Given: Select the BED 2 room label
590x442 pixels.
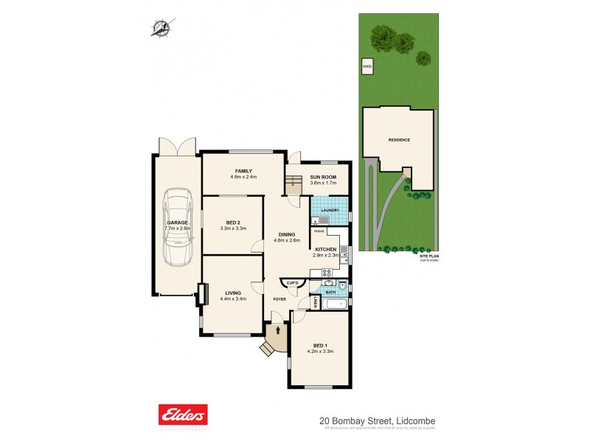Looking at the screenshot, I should click(x=232, y=222).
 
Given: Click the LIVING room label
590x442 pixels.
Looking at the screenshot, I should click(x=232, y=293).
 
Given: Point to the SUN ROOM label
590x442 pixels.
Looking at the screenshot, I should click(x=323, y=178).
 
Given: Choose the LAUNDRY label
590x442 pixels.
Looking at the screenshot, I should click(x=330, y=210).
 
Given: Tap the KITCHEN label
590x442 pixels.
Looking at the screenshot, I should click(x=326, y=250).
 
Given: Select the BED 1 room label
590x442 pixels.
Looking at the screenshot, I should click(x=320, y=345).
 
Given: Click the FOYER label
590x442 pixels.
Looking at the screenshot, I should click(x=280, y=299).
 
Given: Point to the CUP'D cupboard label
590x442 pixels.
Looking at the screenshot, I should click(x=292, y=283).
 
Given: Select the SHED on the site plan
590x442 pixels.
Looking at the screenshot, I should click(x=367, y=68).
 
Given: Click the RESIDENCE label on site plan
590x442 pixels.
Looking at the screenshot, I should click(x=399, y=140).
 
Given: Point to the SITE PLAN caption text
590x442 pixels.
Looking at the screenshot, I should click(x=428, y=256).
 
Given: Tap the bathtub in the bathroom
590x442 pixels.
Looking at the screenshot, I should click(x=329, y=302).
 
